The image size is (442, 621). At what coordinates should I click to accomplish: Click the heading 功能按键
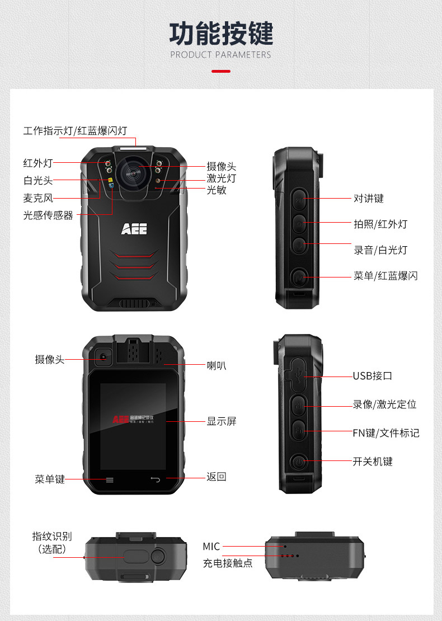coord(221,34)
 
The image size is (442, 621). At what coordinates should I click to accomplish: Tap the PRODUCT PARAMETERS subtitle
coord(220,55)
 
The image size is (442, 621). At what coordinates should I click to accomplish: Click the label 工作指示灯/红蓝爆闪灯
coord(75,131)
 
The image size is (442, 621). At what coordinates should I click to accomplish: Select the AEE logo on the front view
coord(134,229)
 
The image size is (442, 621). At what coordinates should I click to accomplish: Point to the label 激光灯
coord(222,178)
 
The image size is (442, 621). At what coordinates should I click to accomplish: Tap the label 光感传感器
coord(48,215)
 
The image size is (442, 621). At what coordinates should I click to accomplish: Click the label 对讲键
coord(369,199)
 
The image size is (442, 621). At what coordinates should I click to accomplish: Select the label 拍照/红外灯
coord(380,224)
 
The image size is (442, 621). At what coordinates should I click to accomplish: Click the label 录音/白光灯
coord(380,250)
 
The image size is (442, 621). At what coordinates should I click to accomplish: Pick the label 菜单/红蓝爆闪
coord(385,276)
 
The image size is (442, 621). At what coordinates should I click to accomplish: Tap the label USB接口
coord(373,376)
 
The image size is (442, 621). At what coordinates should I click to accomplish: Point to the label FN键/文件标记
coord(386,433)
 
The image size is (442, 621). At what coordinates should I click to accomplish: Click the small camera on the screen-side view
coord(104,357)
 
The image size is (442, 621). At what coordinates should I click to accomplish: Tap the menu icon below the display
coord(110,479)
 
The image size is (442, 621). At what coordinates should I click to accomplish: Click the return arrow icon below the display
coord(155,479)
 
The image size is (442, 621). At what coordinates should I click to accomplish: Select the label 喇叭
coord(217,366)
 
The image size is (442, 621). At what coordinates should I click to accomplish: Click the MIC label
coord(211,546)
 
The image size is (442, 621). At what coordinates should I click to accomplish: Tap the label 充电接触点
coord(228,563)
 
